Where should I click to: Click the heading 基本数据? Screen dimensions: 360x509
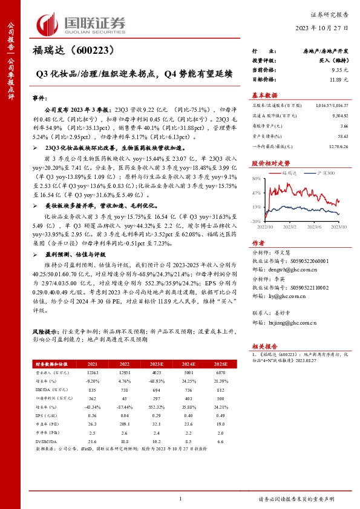tap(264, 96)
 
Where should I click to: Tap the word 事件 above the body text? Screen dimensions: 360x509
tap(39, 96)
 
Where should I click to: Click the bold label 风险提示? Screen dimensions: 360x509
tap(46, 332)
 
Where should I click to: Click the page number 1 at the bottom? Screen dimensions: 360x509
tap(180, 498)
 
